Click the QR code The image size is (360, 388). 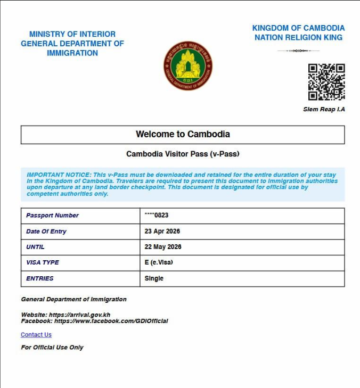[x=326, y=82]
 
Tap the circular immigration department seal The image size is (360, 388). [x=188, y=66]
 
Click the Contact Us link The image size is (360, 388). [x=36, y=335]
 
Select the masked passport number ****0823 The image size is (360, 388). [x=157, y=216]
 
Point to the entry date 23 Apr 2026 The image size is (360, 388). [x=162, y=232]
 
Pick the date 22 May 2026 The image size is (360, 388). [x=163, y=247]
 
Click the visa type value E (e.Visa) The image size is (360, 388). [x=159, y=262]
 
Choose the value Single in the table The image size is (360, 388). [x=154, y=278]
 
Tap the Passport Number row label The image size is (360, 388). [x=52, y=216]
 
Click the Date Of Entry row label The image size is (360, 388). [x=46, y=232]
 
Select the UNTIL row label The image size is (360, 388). [x=35, y=247]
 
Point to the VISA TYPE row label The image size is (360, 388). [x=43, y=262]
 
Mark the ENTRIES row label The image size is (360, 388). [x=40, y=278]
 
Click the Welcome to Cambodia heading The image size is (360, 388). [x=183, y=135]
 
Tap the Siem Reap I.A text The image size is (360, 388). [x=324, y=110]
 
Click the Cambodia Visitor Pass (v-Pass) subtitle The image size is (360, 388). [x=183, y=154]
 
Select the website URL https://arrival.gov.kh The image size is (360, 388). [x=79, y=315]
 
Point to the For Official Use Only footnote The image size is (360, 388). [x=52, y=348]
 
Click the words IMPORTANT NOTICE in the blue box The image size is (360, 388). [x=59, y=175]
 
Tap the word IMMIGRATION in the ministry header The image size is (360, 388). [x=72, y=53]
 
